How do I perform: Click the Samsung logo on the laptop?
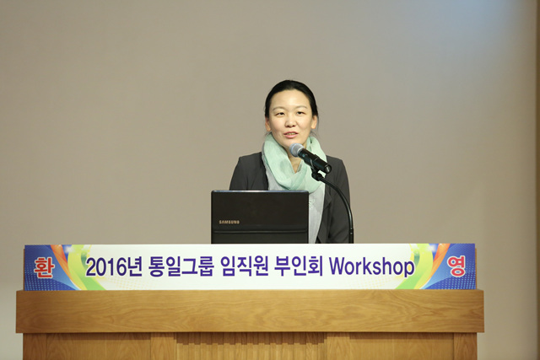tap(229, 222)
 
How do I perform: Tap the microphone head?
tap(297, 150)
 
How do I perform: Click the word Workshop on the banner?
tap(372, 266)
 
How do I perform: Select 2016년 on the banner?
tap(114, 267)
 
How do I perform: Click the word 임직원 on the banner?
tap(244, 266)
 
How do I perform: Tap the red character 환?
tap(44, 267)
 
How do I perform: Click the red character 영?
tap(456, 266)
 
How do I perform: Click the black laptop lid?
tap(260, 217)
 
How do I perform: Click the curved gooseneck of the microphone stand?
tap(341, 200)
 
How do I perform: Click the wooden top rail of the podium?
tap(250, 311)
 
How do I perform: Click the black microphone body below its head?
tap(316, 162)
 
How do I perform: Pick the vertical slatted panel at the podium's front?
tap(250, 347)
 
